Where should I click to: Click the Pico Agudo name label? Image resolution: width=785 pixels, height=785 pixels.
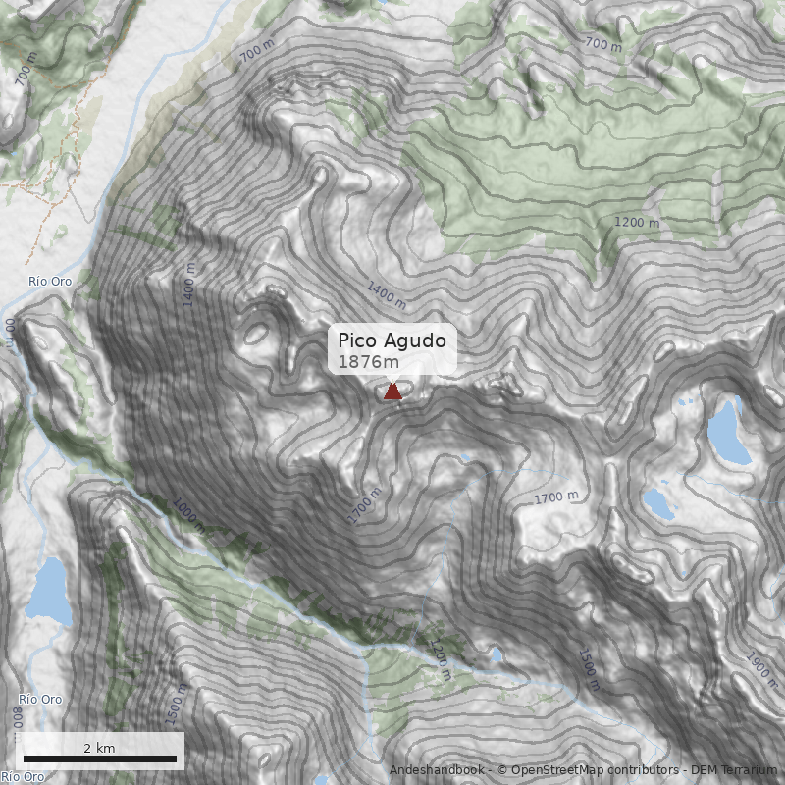click(392, 340)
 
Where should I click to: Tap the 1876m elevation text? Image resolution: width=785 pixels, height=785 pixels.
click(368, 362)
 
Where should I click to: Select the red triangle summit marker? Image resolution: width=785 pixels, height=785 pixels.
click(392, 392)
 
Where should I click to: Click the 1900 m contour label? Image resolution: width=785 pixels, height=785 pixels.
click(760, 670)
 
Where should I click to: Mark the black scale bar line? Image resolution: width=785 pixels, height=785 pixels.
click(100, 759)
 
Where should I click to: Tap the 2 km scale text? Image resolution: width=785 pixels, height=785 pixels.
click(99, 748)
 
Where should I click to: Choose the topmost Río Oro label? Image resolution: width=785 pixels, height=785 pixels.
click(50, 282)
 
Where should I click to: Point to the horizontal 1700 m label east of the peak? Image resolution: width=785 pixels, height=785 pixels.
click(556, 498)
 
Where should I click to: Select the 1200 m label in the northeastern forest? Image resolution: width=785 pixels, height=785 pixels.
click(637, 223)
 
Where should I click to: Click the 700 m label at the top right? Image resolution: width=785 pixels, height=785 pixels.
click(602, 44)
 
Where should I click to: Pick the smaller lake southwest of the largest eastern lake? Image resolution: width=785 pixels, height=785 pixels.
click(658, 503)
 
